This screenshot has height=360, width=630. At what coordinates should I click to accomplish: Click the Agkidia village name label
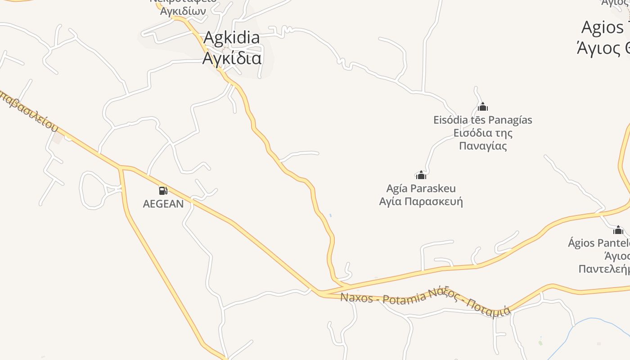(231, 38)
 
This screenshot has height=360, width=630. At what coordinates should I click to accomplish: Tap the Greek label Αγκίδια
(231, 58)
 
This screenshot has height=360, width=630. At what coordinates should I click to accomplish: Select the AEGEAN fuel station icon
(163, 191)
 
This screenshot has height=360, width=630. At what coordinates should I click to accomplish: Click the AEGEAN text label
(163, 204)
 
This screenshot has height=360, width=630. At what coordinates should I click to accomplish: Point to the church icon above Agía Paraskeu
(421, 175)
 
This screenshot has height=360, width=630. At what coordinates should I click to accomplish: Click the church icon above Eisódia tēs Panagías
(483, 107)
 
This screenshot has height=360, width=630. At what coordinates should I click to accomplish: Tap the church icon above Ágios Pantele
(618, 230)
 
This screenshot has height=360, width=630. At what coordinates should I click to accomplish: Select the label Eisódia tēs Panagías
(482, 120)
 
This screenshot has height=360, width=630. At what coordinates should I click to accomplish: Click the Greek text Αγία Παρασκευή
(421, 201)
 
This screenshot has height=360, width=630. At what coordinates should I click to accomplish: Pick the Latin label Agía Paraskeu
(421, 188)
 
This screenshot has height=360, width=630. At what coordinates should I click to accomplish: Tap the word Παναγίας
(482, 146)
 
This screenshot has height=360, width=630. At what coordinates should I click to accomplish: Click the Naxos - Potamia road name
(382, 297)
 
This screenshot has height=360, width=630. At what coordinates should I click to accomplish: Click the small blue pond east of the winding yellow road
(330, 216)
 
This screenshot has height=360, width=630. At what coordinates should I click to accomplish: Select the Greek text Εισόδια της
(482, 133)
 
